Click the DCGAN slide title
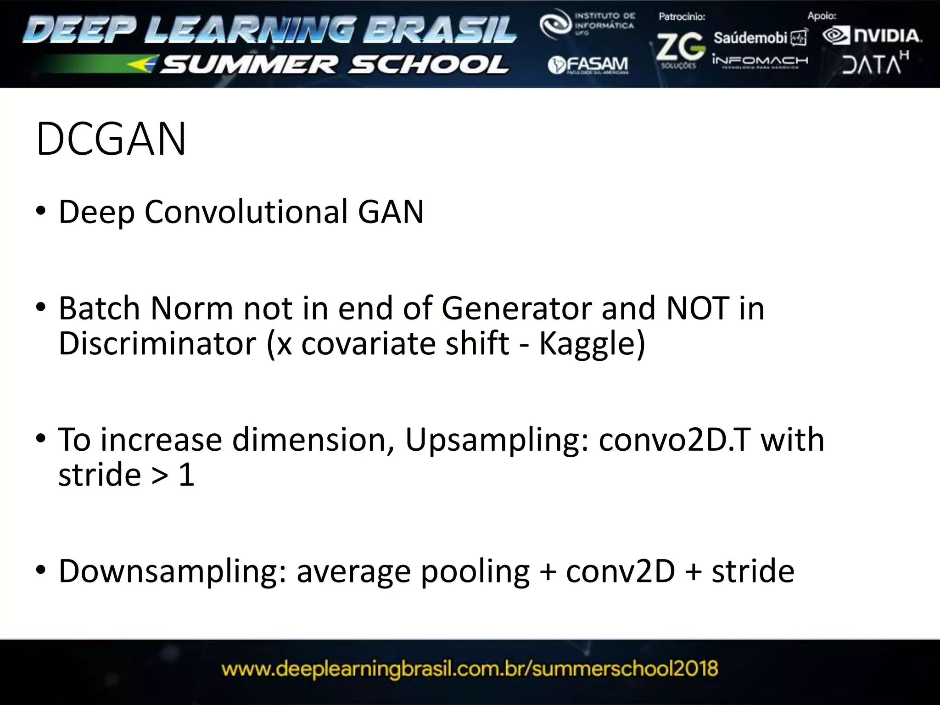[111, 139]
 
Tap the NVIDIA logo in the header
[872, 36]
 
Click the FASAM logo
[588, 65]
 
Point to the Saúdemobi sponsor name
[750, 38]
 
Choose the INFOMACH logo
[760, 61]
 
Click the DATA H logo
[875, 63]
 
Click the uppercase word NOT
[697, 308]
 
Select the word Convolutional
[246, 212]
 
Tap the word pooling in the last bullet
[475, 571]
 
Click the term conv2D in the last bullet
[621, 571]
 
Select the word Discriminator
[157, 343]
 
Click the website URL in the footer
[470, 669]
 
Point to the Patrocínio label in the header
[682, 17]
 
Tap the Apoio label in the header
[822, 16]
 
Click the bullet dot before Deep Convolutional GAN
[41, 212]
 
